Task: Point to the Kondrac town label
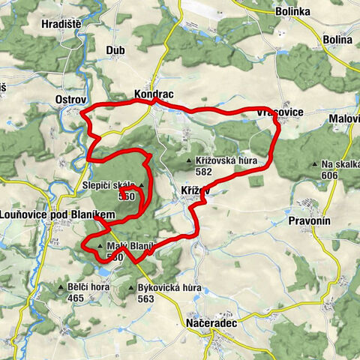pos(154,96)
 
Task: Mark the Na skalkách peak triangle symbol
pos(314,164)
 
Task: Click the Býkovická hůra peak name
pos(169,287)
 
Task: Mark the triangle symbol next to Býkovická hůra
pos(131,287)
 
